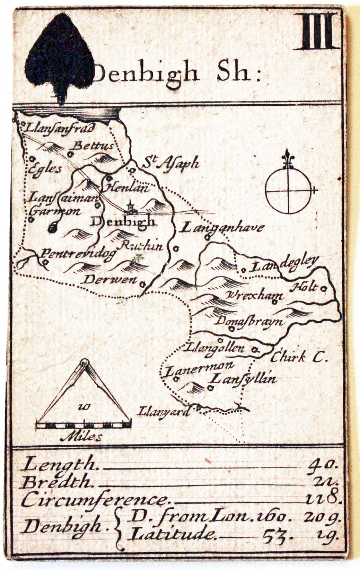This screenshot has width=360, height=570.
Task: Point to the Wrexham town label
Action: [x=254, y=296]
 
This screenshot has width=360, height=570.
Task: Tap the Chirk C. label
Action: [x=299, y=357]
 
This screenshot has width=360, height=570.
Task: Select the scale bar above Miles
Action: [x=84, y=424]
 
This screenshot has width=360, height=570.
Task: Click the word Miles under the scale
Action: [x=81, y=437]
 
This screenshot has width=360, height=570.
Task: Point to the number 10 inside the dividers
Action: [x=83, y=407]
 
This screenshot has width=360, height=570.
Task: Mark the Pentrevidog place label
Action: [x=79, y=255]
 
